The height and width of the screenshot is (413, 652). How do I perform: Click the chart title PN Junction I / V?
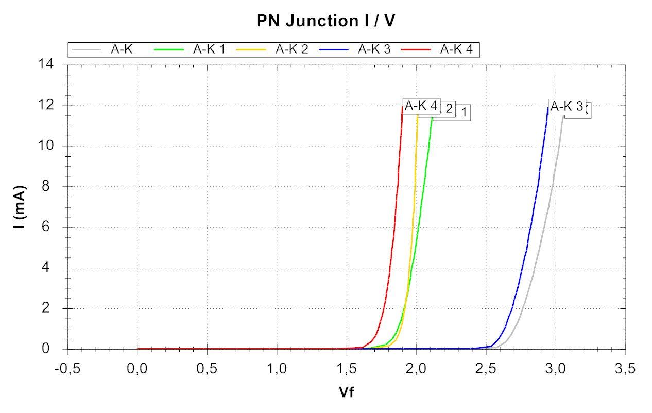(x=325, y=21)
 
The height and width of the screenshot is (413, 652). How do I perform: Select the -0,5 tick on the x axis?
(x=68, y=370)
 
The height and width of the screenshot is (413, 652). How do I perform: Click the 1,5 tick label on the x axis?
(x=347, y=370)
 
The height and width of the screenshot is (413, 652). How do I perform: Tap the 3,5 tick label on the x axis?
(x=625, y=370)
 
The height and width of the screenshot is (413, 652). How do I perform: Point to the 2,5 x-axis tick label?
(x=486, y=370)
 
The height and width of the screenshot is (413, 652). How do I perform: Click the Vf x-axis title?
(x=346, y=392)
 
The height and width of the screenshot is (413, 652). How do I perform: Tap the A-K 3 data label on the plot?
(x=566, y=107)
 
